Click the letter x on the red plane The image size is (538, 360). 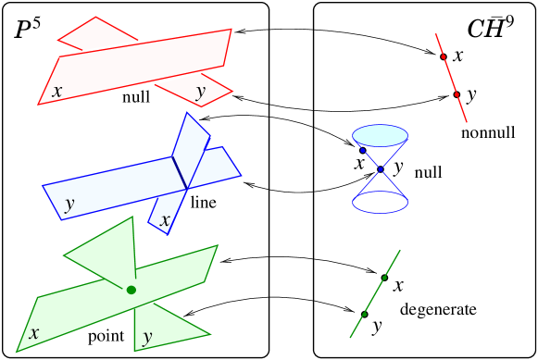tap(57, 92)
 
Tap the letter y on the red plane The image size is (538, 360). tap(200, 92)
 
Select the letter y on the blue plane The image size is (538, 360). tap(69, 203)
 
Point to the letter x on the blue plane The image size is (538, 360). tap(165, 220)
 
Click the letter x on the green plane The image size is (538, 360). tap(33, 333)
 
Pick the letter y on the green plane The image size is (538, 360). tap(146, 337)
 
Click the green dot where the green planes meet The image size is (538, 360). tap(131, 291)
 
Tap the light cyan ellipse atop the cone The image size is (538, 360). tap(380, 135)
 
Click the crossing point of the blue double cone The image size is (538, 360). tap(381, 169)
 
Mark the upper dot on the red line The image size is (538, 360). tap(444, 56)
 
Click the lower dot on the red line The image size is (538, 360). tap(457, 94)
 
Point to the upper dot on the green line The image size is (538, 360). tap(384, 278)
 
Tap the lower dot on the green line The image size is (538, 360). tap(364, 315)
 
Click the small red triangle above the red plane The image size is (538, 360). tap(96, 35)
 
